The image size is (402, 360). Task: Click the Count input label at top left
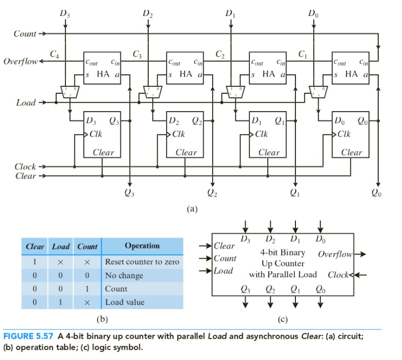point(24,34)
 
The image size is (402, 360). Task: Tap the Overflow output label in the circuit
point(20,61)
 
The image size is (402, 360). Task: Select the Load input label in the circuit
point(26,103)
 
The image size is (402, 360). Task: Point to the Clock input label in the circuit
point(25,167)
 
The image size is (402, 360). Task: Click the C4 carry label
point(55,54)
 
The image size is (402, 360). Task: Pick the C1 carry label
point(303,54)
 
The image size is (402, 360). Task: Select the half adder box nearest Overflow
point(102,68)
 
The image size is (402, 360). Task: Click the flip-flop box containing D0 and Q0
point(351,135)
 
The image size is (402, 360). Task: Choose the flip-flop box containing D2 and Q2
point(185,135)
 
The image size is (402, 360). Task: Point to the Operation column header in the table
point(142,246)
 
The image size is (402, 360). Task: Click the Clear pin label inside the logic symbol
point(225,246)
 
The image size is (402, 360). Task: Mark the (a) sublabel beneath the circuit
point(192,209)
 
